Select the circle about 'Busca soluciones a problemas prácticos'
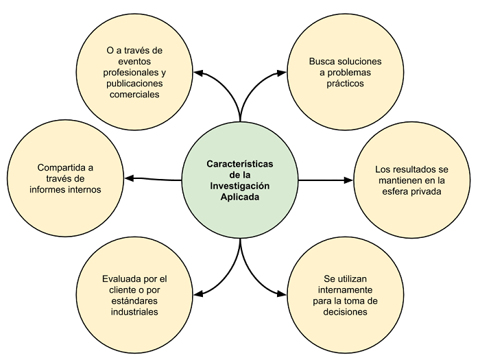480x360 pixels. (x=335, y=71)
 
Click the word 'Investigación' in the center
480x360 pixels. (x=239, y=186)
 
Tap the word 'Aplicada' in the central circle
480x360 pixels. (x=239, y=197)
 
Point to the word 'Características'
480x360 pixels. (x=239, y=165)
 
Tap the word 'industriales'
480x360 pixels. (x=134, y=312)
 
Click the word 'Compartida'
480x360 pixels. (x=57, y=167)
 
